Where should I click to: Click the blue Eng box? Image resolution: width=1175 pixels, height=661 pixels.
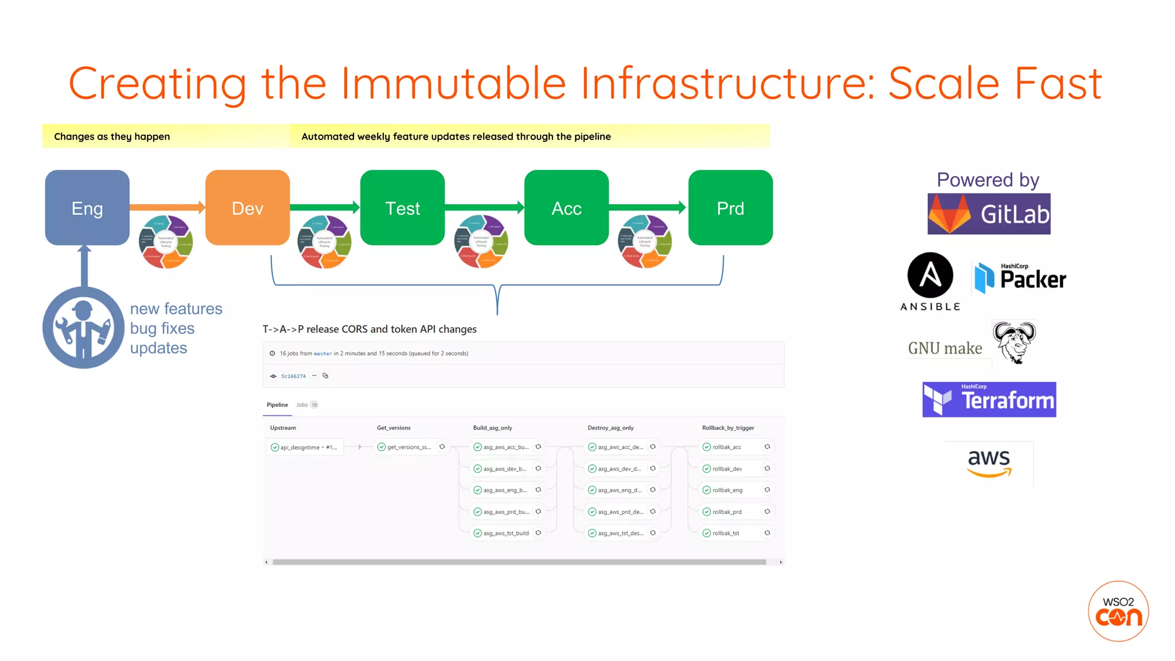tap(87, 208)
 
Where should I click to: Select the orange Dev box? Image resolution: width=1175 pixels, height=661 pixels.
tap(247, 208)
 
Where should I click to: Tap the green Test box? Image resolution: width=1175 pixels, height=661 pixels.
tap(402, 208)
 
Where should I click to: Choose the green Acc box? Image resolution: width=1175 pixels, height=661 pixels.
tap(566, 208)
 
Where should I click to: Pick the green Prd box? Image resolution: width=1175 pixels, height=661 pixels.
tap(730, 208)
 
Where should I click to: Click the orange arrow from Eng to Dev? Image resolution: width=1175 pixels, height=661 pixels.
tap(166, 207)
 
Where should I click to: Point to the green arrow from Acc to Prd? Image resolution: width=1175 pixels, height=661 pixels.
tap(647, 207)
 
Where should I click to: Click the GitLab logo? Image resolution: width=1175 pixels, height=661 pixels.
tap(989, 214)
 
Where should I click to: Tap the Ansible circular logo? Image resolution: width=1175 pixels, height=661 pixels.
tap(930, 275)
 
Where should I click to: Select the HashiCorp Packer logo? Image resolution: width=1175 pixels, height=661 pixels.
tap(1020, 278)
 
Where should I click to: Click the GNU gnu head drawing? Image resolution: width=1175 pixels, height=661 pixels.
tap(1014, 343)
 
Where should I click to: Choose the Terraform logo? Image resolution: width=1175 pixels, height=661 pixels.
tap(989, 399)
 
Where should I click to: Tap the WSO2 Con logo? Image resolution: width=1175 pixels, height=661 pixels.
tap(1118, 611)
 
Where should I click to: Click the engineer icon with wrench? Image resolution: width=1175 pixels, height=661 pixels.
tap(83, 328)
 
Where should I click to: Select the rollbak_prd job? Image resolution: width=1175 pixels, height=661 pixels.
tap(726, 512)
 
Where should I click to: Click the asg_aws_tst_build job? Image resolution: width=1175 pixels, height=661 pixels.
tap(505, 533)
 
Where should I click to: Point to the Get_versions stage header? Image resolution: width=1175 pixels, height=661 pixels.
tap(394, 428)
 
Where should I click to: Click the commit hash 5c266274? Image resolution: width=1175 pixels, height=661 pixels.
tap(293, 376)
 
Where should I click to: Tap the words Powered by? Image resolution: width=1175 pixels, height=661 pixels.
tap(988, 180)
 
